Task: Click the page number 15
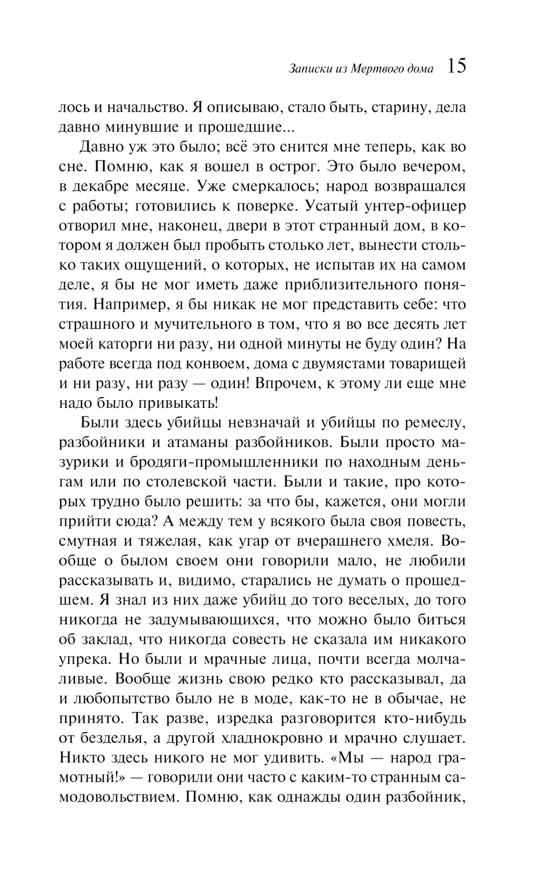coord(456,67)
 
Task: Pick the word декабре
coord(99,186)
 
